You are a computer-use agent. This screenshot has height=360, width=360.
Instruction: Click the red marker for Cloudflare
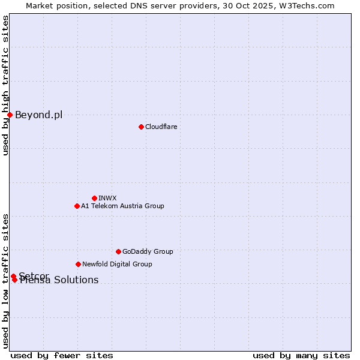click(x=141, y=127)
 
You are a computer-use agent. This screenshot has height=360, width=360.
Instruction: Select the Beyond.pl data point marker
click(x=10, y=115)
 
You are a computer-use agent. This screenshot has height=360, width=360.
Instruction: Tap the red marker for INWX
click(x=94, y=198)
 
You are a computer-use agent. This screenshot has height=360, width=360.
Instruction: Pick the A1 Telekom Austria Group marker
click(x=77, y=206)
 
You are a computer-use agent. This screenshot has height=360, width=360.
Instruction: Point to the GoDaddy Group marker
click(x=118, y=251)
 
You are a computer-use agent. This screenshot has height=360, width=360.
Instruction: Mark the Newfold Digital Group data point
click(x=78, y=264)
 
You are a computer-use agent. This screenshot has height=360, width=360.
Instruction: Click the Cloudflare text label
click(x=161, y=127)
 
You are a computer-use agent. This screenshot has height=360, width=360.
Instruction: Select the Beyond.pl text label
click(x=38, y=115)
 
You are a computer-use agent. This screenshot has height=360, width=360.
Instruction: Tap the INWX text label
click(x=107, y=198)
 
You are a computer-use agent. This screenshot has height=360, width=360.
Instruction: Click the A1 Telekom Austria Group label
click(x=122, y=206)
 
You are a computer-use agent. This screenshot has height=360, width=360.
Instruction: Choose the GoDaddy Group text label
click(x=148, y=251)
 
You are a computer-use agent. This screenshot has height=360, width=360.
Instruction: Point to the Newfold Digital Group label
click(x=117, y=264)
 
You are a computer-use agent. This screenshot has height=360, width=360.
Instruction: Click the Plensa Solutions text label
click(x=59, y=280)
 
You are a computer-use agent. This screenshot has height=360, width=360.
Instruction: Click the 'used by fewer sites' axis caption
click(x=62, y=355)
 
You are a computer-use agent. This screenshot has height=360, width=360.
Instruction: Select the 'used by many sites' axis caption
click(x=301, y=355)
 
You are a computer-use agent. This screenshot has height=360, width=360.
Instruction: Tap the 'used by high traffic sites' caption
click(x=5, y=85)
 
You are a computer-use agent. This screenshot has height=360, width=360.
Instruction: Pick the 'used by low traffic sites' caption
click(x=5, y=280)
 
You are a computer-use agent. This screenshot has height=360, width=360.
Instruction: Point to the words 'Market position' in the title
click(x=53, y=5)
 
